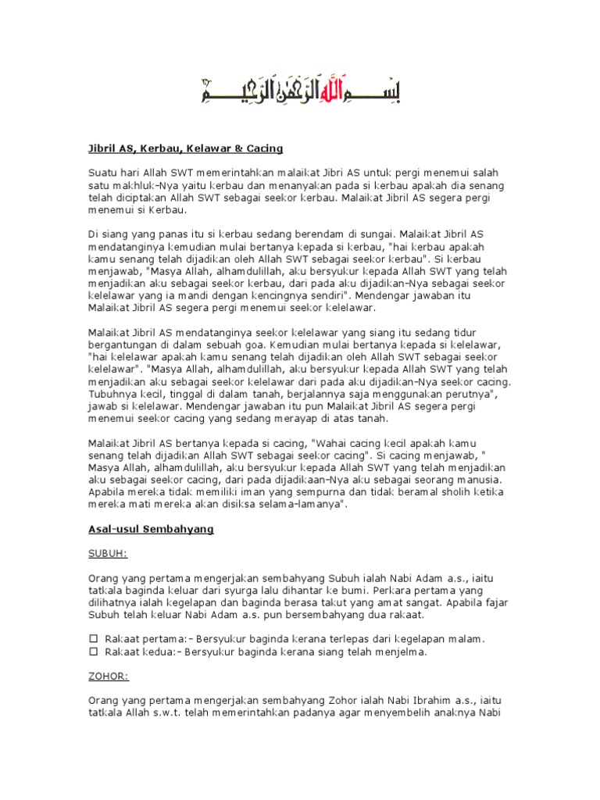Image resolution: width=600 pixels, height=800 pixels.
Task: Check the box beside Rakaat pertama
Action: click(x=92, y=639)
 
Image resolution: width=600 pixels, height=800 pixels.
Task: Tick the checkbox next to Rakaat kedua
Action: click(x=92, y=651)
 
